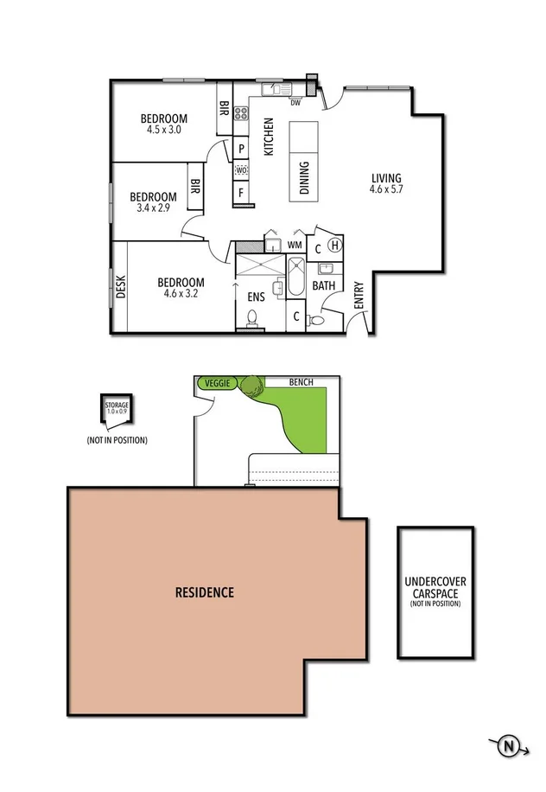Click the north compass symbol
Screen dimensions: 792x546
click(x=511, y=745)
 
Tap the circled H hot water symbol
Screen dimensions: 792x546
click(x=336, y=246)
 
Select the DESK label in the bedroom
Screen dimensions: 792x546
click(x=120, y=286)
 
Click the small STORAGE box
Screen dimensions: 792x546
click(x=117, y=412)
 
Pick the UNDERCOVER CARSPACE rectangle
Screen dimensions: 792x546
click(x=435, y=591)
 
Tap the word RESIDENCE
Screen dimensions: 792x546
click(x=205, y=593)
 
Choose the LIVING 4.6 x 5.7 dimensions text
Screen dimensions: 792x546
click(x=386, y=188)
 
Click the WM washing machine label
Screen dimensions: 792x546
click(x=295, y=245)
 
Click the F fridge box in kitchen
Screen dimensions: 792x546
click(x=241, y=192)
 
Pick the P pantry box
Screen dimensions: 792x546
click(x=242, y=148)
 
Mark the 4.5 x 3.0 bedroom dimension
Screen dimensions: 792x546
click(x=164, y=130)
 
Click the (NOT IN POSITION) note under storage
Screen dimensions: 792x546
click(x=117, y=440)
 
